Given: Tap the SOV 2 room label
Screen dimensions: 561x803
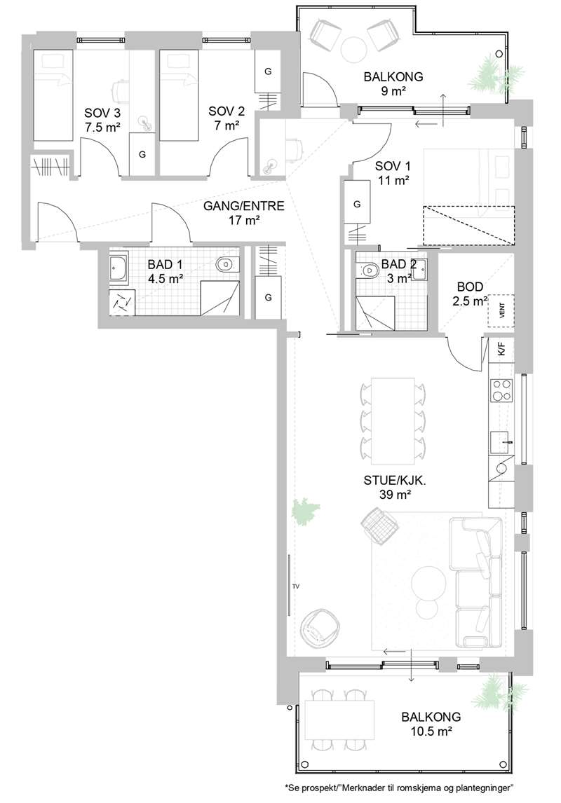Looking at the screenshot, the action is [227, 111].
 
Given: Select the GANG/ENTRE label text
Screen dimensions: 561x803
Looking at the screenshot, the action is [244, 206].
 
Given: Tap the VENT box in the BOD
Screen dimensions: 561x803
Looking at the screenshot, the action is [501, 311].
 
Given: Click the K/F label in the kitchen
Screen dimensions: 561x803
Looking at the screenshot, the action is [501, 350].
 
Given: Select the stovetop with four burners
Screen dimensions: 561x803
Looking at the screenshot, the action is [501, 390].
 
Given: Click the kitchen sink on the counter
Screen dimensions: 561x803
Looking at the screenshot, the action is [501, 442].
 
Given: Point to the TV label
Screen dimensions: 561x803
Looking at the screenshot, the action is [296, 586].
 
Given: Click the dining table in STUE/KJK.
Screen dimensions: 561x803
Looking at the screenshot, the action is [393, 420].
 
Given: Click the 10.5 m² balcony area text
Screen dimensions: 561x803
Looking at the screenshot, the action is [431, 732].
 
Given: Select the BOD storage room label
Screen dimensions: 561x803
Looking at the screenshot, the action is [471, 287].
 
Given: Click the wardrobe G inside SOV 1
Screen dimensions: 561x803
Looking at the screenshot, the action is [358, 203].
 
